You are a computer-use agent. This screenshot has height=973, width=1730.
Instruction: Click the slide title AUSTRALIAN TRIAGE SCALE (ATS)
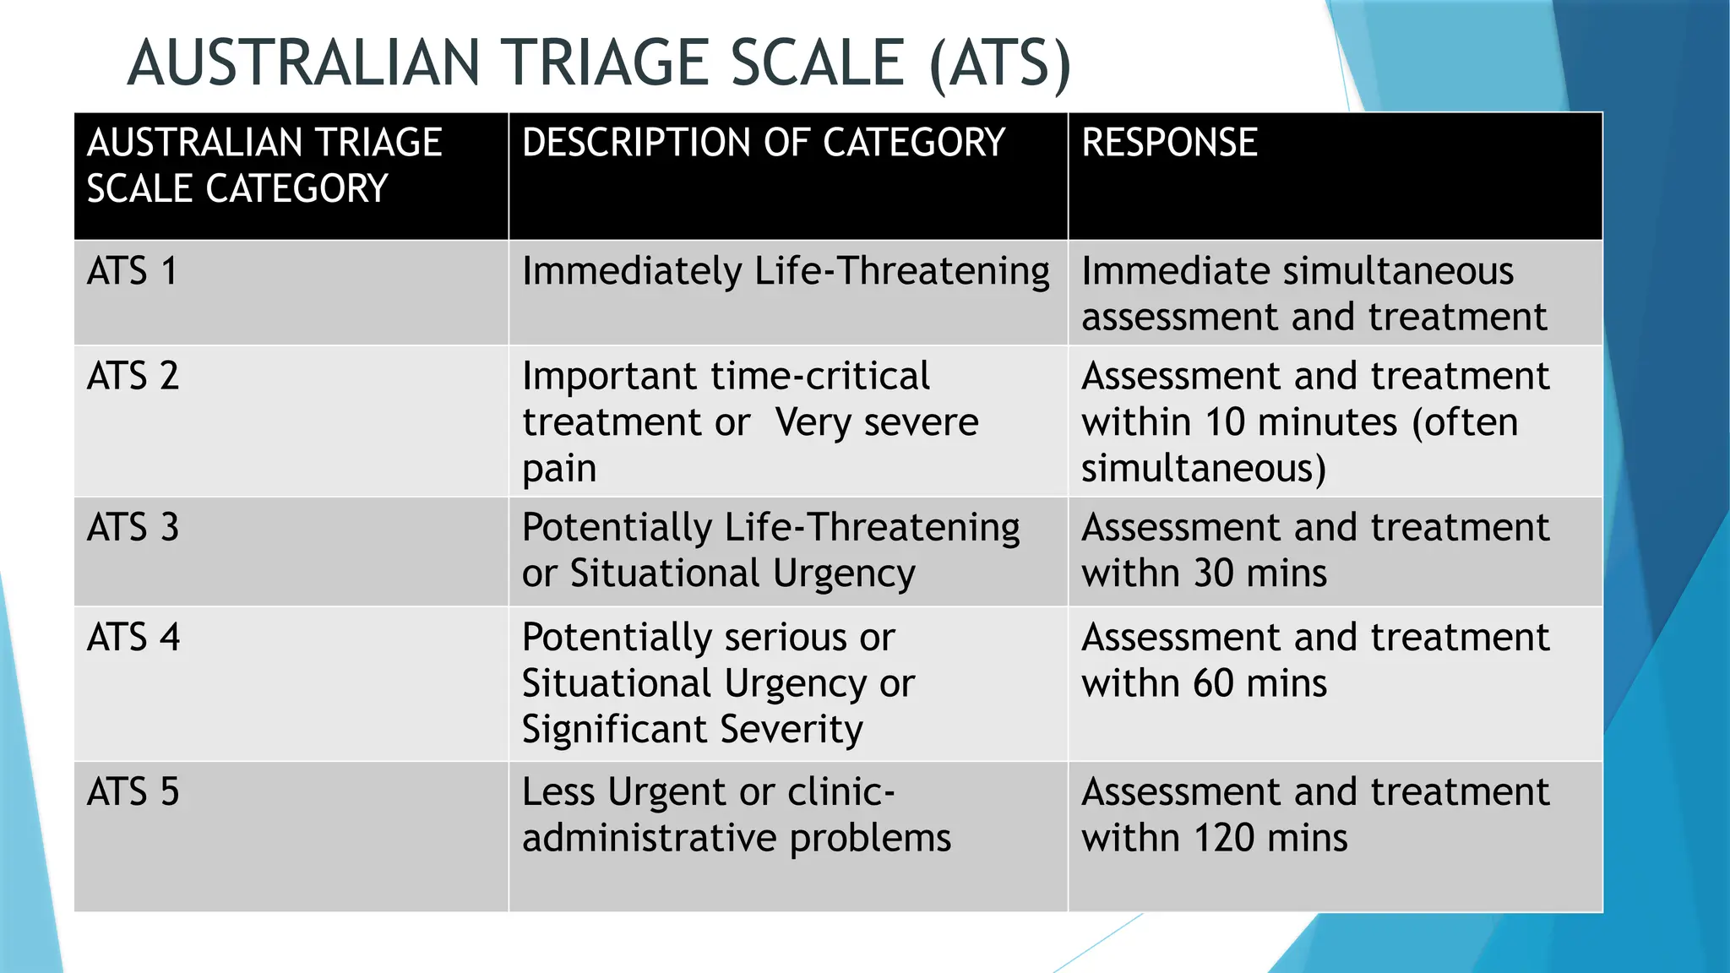[598, 63]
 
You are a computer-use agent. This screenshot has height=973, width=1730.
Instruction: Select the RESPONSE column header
[1169, 142]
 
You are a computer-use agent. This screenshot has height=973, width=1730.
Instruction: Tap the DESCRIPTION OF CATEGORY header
[763, 142]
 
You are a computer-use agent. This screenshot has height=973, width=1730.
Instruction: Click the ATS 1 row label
[132, 272]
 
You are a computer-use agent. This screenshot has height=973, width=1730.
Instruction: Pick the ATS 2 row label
[133, 376]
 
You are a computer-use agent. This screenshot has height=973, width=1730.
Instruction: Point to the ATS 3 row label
[133, 528]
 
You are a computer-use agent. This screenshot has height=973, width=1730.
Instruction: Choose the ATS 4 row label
[133, 638]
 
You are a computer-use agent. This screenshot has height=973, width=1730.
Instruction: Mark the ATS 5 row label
[133, 792]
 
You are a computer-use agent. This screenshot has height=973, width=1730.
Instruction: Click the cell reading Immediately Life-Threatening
[785, 272]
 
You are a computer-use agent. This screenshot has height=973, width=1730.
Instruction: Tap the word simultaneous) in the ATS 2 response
[1204, 469]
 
